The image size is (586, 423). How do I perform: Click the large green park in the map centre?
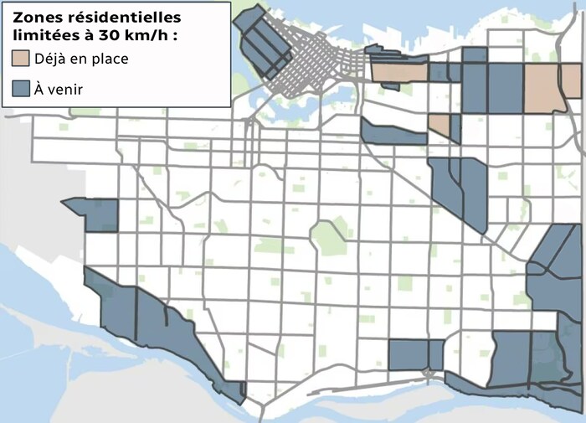[x=329, y=237]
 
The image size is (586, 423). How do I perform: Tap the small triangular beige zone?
[x=439, y=126]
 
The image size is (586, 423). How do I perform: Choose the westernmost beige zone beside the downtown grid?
[x=398, y=74]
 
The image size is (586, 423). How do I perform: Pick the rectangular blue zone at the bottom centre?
[x=409, y=354]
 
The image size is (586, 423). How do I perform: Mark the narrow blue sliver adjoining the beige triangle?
[x=456, y=128]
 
